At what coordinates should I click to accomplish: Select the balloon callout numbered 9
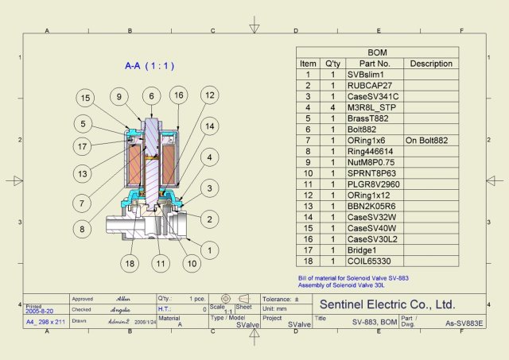pos(119,97)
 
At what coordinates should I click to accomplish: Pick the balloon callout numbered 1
pos(209,250)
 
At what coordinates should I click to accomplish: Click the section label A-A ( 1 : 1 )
pos(150,65)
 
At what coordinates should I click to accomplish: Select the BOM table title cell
pos(376,52)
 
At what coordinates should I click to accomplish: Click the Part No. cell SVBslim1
pos(366,74)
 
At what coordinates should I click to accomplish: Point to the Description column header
pos(431,64)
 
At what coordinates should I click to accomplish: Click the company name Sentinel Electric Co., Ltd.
pos(387,304)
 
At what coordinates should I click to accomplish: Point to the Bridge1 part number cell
pos(363,250)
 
